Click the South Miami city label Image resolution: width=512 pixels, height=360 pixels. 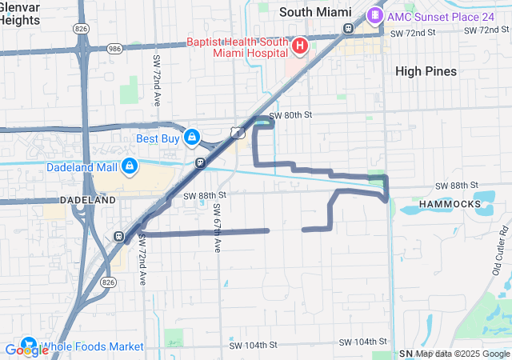[x=314, y=12]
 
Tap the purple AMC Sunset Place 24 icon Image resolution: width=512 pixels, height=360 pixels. [x=374, y=15]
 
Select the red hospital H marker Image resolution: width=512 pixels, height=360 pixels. [x=299, y=46]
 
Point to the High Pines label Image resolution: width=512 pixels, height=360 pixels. [x=426, y=71]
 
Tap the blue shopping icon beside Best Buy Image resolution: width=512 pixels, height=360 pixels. [x=192, y=138]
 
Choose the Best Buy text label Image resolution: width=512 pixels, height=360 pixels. [x=157, y=138]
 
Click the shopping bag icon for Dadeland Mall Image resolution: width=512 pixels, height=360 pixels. [x=128, y=166]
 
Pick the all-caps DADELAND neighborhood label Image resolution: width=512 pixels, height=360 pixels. [x=87, y=199]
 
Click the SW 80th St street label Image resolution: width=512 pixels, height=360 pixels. [x=290, y=115]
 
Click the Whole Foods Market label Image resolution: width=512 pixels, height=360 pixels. [x=92, y=346]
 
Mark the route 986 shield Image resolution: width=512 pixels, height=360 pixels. [x=114, y=48]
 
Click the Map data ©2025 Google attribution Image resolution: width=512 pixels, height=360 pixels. [x=462, y=354]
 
